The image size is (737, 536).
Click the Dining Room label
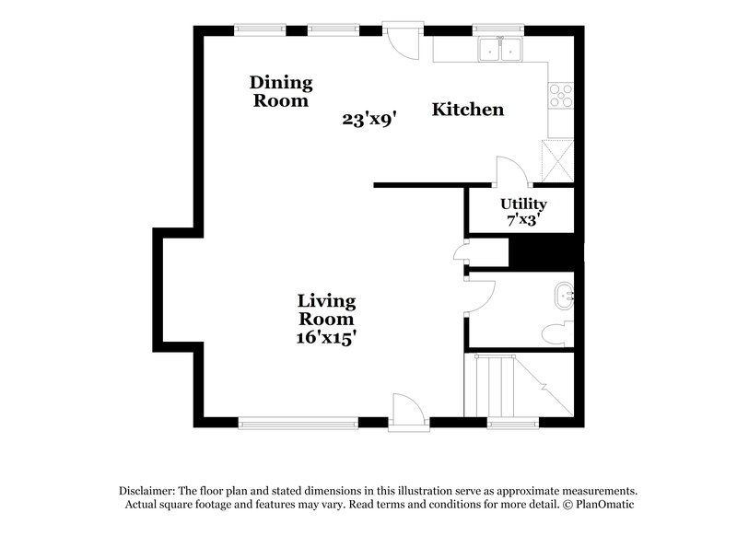click(x=281, y=92)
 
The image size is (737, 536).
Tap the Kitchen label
click(x=468, y=110)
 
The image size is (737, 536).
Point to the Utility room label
click(x=523, y=204)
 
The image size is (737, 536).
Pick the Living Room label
click(x=326, y=309)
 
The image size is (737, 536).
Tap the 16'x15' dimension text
click(x=326, y=337)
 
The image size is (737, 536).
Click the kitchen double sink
click(x=501, y=50)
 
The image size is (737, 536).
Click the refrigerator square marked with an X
click(x=558, y=158)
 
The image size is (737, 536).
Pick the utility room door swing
click(x=511, y=172)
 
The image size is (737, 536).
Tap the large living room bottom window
click(x=298, y=423)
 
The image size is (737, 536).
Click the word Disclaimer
click(x=147, y=491)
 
